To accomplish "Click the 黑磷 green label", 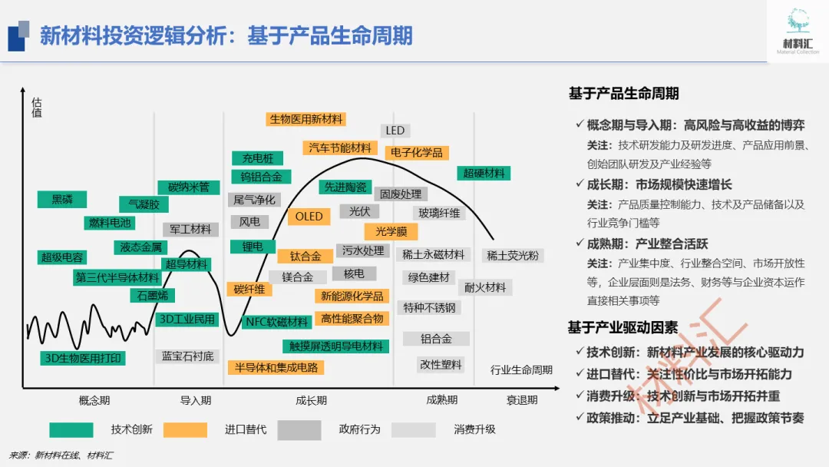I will [x=62, y=200].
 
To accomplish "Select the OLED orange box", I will [x=309, y=217].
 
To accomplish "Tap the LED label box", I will [x=395, y=131].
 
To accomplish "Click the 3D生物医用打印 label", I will [x=83, y=358].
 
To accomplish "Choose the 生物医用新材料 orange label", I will [x=306, y=119].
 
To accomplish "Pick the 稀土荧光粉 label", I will [x=513, y=256].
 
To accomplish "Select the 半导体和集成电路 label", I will [x=276, y=367].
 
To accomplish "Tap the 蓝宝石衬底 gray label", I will [x=188, y=356].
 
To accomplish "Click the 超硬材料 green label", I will [x=484, y=174].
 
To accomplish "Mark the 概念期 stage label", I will [x=94, y=400].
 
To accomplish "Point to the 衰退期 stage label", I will [x=522, y=400].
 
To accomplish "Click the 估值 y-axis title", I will [x=37, y=108].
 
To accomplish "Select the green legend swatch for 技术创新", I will [x=71, y=429].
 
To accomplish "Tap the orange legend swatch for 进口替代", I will [x=185, y=429].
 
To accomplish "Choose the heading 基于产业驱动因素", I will [x=623, y=328].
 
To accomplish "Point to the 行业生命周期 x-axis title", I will [x=521, y=370].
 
